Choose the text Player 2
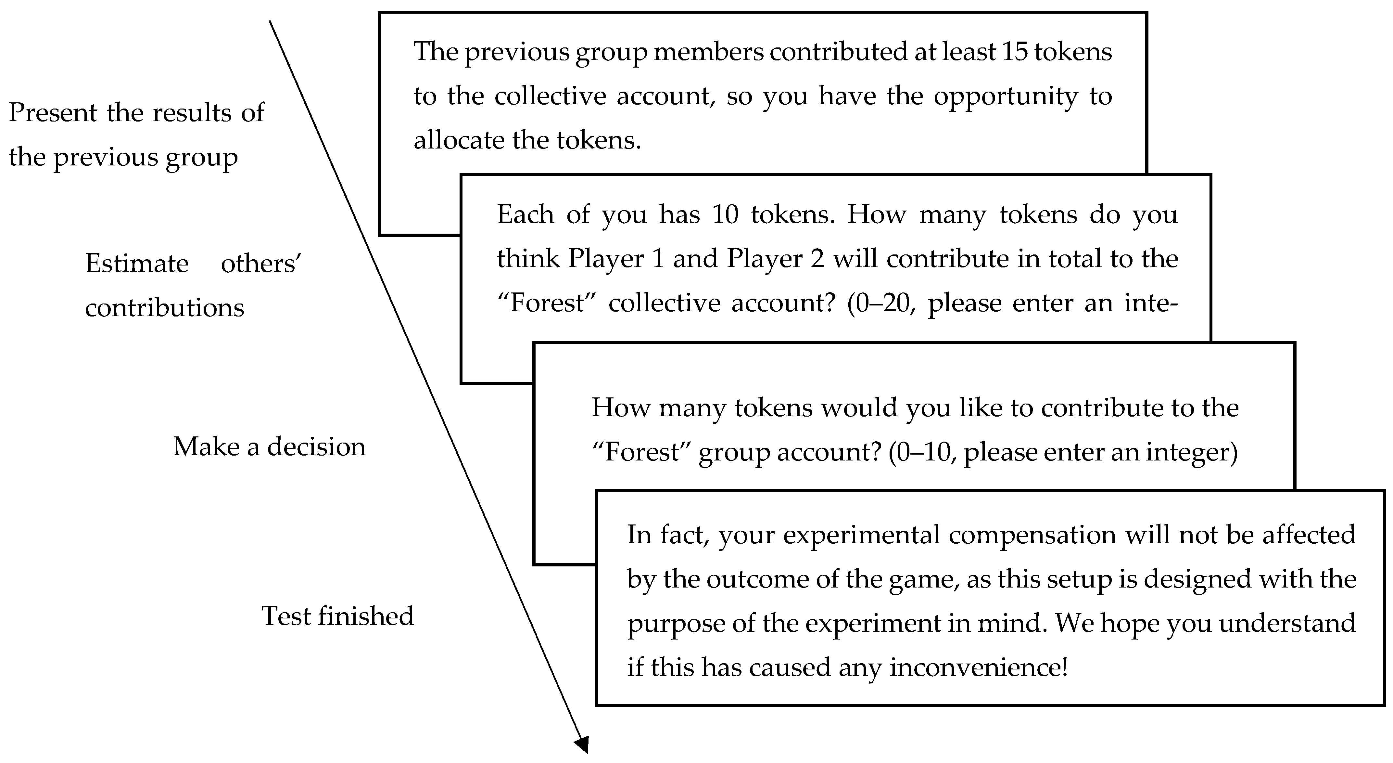coord(776,259)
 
